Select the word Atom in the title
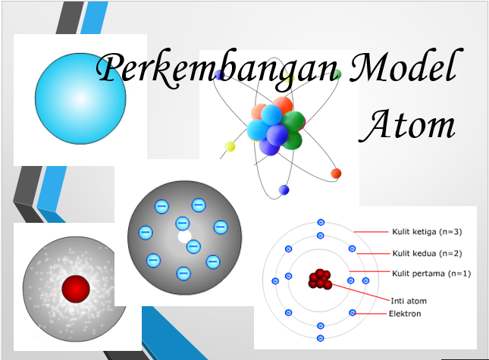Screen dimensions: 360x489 [x=408, y=125]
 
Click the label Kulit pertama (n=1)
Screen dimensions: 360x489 [x=431, y=273]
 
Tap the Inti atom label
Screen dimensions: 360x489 [x=408, y=299]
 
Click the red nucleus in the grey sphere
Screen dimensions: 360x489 [x=76, y=287]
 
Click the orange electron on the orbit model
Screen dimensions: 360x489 [x=336, y=174]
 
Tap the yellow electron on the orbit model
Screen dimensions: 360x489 [x=230, y=146]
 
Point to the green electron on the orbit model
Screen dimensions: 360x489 [x=336, y=74]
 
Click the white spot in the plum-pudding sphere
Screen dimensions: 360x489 [x=184, y=236]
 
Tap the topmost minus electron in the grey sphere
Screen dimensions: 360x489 [x=198, y=205]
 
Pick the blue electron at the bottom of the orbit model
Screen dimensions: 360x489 [x=284, y=189]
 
